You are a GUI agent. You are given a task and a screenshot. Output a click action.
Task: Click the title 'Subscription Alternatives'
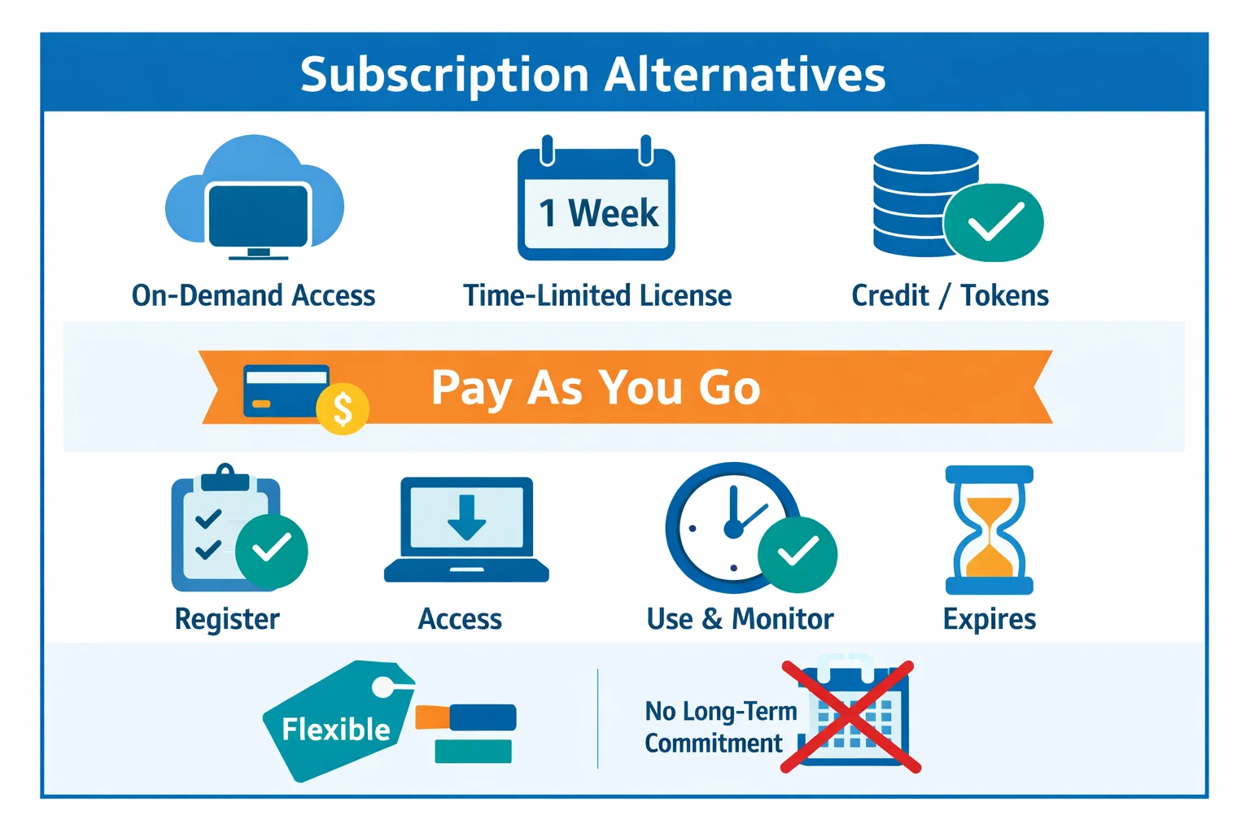click(x=592, y=75)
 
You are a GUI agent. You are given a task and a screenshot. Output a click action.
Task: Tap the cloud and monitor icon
click(x=255, y=199)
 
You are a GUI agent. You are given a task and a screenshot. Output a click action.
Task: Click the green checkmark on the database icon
click(x=994, y=222)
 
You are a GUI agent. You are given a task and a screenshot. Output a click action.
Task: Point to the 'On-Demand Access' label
click(x=253, y=295)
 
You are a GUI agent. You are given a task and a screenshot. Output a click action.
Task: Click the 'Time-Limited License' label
click(x=597, y=295)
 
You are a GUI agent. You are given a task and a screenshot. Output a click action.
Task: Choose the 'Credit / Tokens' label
click(x=950, y=295)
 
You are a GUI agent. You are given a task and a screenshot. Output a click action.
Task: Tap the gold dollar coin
click(x=343, y=408)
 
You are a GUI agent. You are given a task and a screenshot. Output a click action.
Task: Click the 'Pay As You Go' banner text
click(x=596, y=387)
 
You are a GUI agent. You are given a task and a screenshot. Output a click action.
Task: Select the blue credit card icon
click(x=286, y=391)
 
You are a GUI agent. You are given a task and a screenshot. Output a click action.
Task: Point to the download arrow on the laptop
click(x=466, y=517)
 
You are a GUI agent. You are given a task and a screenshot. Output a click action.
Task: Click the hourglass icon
click(x=989, y=530)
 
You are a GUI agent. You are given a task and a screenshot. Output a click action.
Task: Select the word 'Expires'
click(x=989, y=619)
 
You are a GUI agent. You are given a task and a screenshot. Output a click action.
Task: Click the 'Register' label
click(x=227, y=619)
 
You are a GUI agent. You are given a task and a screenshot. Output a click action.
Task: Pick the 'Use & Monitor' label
click(x=740, y=619)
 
